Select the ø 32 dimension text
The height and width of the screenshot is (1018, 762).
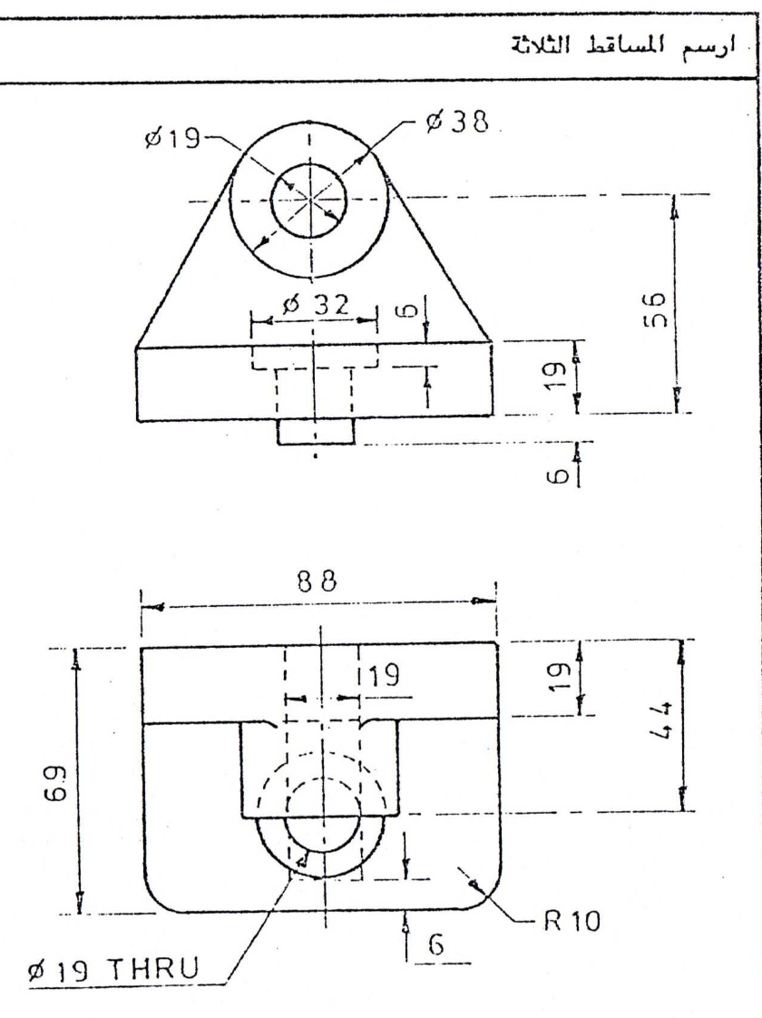click(x=314, y=306)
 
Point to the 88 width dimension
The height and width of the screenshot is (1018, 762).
click(x=320, y=586)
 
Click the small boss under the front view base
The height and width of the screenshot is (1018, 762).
click(x=315, y=433)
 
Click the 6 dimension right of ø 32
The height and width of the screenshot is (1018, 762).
click(x=408, y=310)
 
